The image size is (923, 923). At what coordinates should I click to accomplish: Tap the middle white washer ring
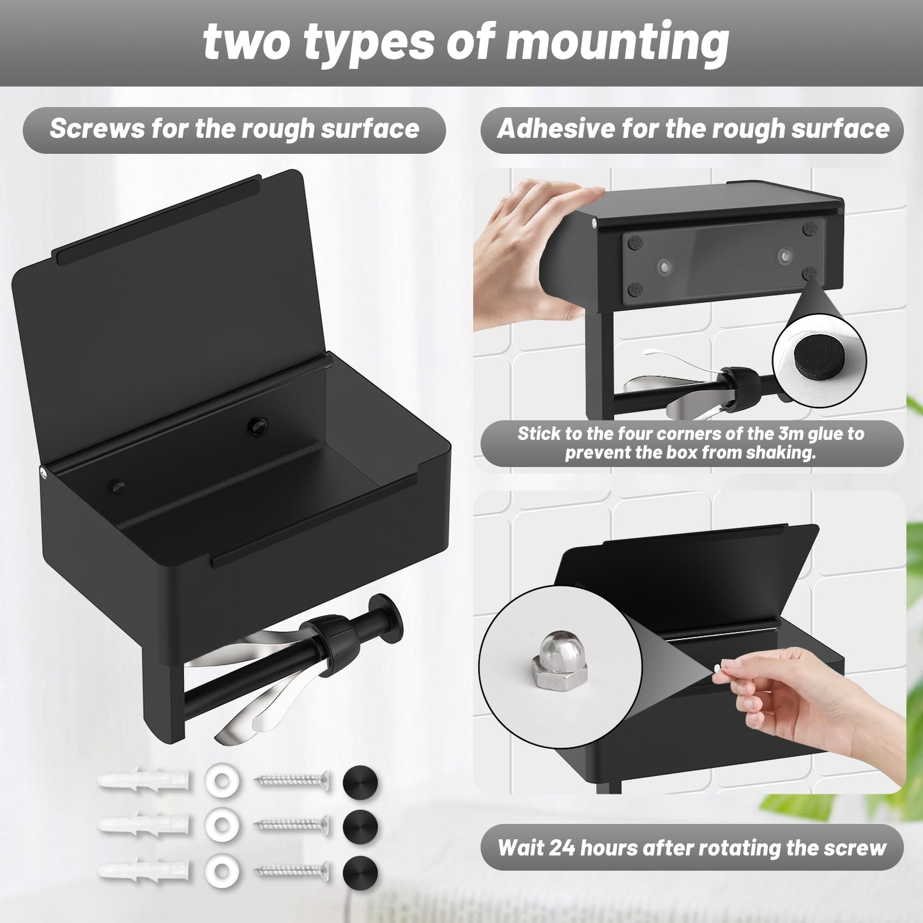222,825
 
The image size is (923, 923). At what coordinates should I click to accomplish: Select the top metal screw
292,781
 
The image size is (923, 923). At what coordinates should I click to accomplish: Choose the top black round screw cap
360,782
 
